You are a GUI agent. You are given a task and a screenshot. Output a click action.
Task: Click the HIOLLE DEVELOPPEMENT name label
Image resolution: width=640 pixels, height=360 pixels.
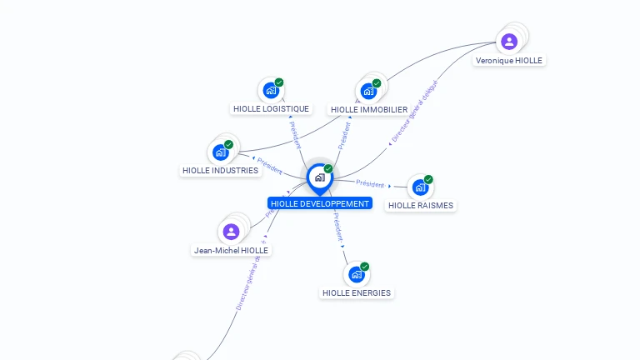pos(320,203)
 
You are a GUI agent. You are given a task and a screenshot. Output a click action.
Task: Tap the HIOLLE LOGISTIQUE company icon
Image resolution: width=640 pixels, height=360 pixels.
pos(271,90)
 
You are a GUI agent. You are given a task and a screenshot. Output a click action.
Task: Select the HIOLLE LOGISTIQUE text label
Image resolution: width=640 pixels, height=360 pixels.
pos(271,109)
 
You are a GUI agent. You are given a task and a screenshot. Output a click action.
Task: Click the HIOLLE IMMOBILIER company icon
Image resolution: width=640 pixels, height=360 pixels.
pos(368,91)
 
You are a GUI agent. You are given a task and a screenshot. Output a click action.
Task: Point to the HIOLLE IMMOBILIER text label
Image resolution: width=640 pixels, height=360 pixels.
pos(369,110)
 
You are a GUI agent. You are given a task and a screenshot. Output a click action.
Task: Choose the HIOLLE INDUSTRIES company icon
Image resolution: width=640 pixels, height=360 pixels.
pos(221,152)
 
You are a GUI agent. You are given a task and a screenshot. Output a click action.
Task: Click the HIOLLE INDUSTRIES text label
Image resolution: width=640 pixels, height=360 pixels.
pos(220,171)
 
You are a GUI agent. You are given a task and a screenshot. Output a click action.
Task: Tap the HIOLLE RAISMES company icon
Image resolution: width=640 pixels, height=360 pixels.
pos(420,187)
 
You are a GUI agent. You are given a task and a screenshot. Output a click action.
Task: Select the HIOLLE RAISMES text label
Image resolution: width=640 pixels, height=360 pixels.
pos(421,206)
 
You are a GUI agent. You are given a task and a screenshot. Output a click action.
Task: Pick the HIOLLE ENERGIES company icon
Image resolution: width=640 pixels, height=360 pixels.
pos(357,274)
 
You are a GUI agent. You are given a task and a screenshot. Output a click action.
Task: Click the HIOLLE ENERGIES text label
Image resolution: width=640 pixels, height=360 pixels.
pos(357,293)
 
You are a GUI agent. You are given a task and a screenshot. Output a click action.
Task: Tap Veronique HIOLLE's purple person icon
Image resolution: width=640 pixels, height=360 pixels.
pos(509,42)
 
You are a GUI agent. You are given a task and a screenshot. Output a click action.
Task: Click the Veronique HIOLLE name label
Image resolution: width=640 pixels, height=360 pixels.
pos(508,61)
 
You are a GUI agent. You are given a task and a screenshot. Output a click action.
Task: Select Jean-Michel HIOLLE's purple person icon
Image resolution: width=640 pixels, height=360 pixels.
pos(232,231)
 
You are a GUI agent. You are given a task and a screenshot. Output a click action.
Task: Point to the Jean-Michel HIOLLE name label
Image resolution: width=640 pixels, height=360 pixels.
pos(231,250)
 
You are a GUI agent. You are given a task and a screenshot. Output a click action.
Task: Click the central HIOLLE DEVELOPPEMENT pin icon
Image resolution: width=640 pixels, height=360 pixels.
pos(319,177)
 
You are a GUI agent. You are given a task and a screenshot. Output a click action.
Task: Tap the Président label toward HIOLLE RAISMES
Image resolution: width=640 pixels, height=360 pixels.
pos(370,183)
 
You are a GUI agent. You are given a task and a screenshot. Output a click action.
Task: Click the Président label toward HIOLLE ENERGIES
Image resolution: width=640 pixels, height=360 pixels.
pos(337,226)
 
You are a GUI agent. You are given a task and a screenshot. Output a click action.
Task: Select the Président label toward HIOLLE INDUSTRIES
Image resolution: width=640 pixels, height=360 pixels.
pos(270,165)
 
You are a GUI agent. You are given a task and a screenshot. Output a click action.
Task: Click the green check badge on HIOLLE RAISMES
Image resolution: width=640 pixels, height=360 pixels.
pos(428,179)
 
